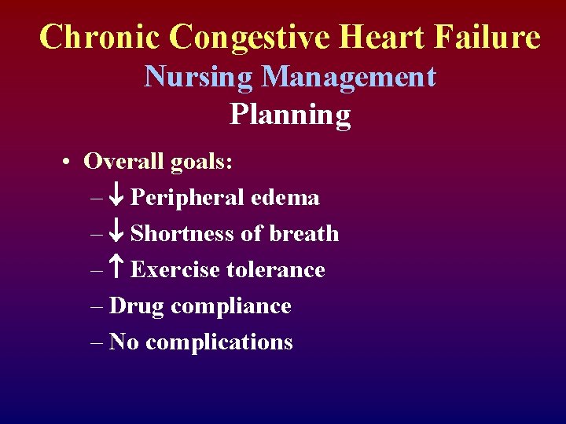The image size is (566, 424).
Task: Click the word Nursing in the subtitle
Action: pyautogui.click(x=199, y=77)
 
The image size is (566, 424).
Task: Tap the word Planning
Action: pyautogui.click(x=290, y=115)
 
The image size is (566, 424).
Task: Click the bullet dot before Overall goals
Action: pyautogui.click(x=70, y=162)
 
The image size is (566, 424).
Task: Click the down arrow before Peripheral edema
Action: pyautogui.click(x=117, y=198)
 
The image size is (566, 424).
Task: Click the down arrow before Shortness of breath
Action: pyautogui.click(x=117, y=234)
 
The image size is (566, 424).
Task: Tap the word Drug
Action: pyautogui.click(x=138, y=306)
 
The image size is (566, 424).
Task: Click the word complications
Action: pyautogui.click(x=219, y=342)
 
